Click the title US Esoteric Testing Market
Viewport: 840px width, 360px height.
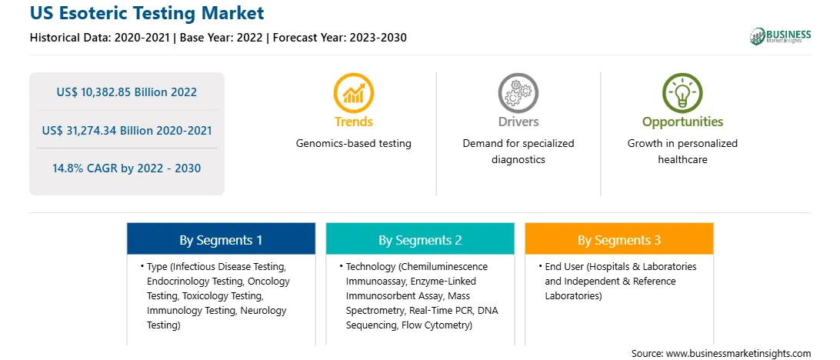click(147, 13)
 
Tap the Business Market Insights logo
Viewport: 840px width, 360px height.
click(781, 36)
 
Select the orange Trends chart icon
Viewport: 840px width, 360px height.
click(354, 92)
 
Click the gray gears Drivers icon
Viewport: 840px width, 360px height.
click(518, 92)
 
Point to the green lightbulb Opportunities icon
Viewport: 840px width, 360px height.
click(682, 92)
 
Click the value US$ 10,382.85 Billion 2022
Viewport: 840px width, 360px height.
click(126, 92)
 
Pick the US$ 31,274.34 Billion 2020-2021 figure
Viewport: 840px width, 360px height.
click(126, 130)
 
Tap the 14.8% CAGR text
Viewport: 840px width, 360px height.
click(126, 168)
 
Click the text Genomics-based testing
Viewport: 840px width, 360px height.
click(354, 144)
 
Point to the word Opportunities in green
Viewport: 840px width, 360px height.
click(682, 122)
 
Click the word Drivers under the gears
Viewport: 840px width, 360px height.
click(518, 122)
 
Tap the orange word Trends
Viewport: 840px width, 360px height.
click(354, 122)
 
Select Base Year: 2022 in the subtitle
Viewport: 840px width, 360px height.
click(222, 38)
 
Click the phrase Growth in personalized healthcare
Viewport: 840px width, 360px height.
click(682, 152)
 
